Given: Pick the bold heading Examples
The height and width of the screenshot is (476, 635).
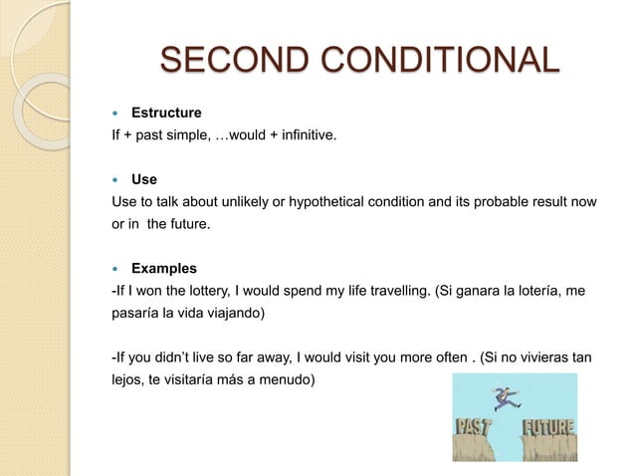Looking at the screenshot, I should (164, 269).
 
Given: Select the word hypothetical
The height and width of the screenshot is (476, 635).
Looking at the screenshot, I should (336, 203).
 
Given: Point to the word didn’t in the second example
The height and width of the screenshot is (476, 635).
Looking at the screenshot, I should (170, 357).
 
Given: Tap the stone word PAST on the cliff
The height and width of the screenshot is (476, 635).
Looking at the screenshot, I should (475, 429).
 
